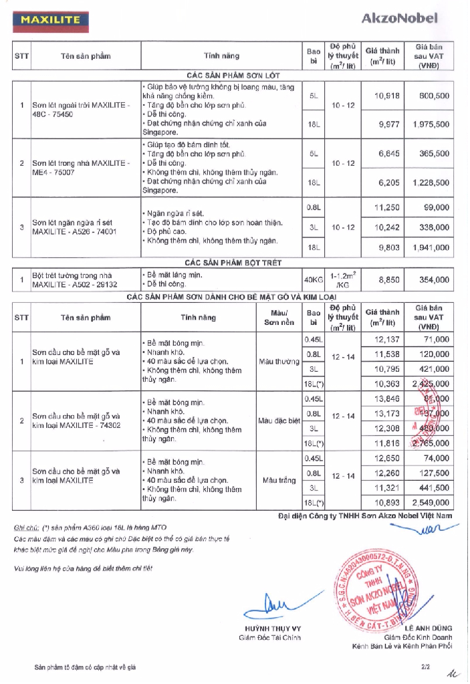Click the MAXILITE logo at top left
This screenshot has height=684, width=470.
[50, 20]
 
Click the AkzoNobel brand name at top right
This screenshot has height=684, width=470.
[399, 19]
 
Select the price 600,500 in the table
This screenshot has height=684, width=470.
[431, 96]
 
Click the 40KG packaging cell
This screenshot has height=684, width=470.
[313, 279]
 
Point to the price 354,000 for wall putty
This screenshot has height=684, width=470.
[431, 279]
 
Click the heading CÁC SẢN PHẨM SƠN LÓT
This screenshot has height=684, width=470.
[233, 76]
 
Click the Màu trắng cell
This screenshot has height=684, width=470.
[278, 480]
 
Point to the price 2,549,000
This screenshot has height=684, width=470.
[431, 502]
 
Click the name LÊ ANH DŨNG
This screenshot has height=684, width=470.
[428, 628]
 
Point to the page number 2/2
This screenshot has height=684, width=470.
[425, 667]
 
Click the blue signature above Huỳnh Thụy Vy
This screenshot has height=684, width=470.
[274, 603]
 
